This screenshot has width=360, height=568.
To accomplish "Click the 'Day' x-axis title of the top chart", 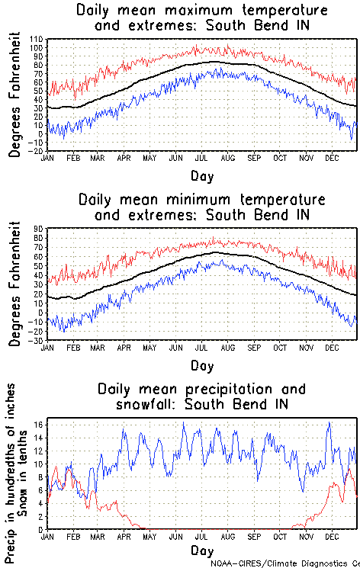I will click(x=202, y=175).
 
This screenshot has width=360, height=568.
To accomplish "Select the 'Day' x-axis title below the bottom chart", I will click(x=202, y=550).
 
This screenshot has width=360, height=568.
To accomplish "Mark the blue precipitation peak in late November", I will click(x=329, y=423).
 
